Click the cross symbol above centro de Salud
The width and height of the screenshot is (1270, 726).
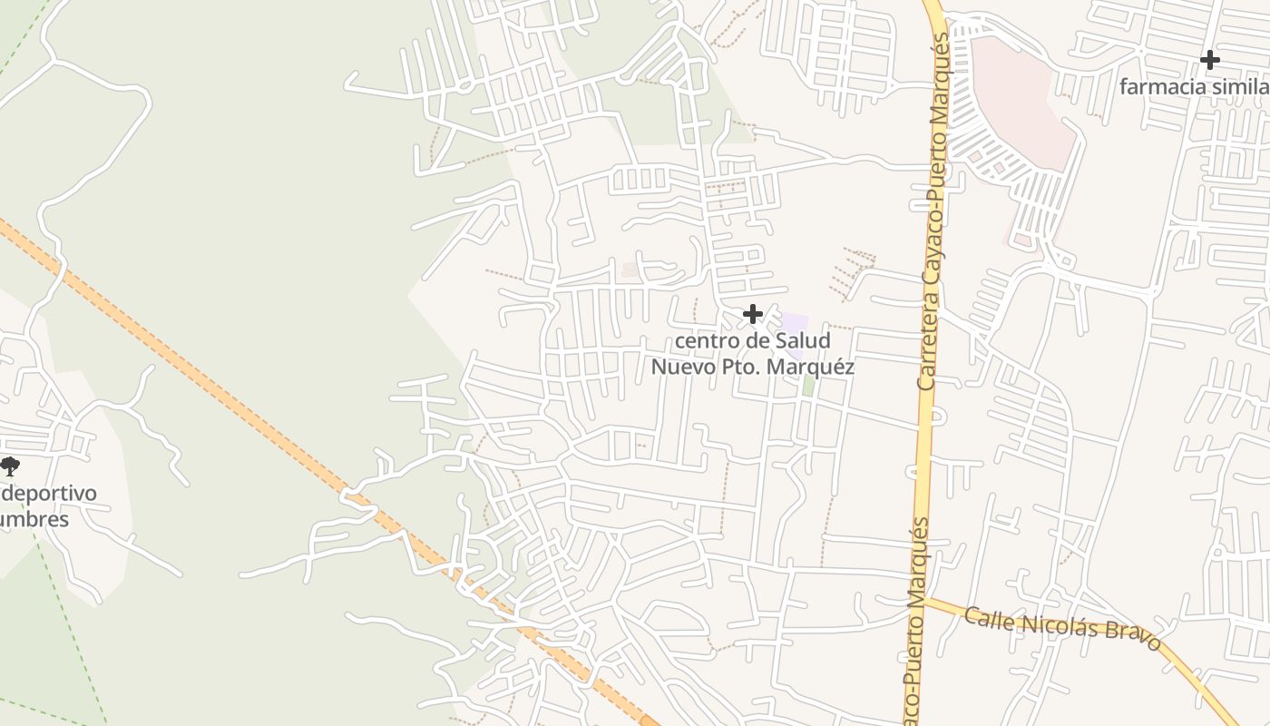coord(752,314)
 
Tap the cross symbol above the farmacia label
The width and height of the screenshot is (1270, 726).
coord(1209,60)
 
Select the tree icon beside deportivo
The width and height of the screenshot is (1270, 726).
coord(9,467)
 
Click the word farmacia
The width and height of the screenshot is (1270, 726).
coord(1162,87)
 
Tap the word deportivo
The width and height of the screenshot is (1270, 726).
coord(49,495)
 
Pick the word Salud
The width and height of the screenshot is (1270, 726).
coord(802,341)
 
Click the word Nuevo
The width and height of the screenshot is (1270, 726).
coord(681,367)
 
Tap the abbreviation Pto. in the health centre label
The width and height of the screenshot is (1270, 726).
coord(742,367)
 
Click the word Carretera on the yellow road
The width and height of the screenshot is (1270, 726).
coord(926,344)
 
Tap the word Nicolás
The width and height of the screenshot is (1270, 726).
coord(1058,626)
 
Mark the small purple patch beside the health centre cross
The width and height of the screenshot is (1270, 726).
coord(795,322)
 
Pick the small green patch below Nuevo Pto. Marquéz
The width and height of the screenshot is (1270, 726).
coord(807,385)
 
